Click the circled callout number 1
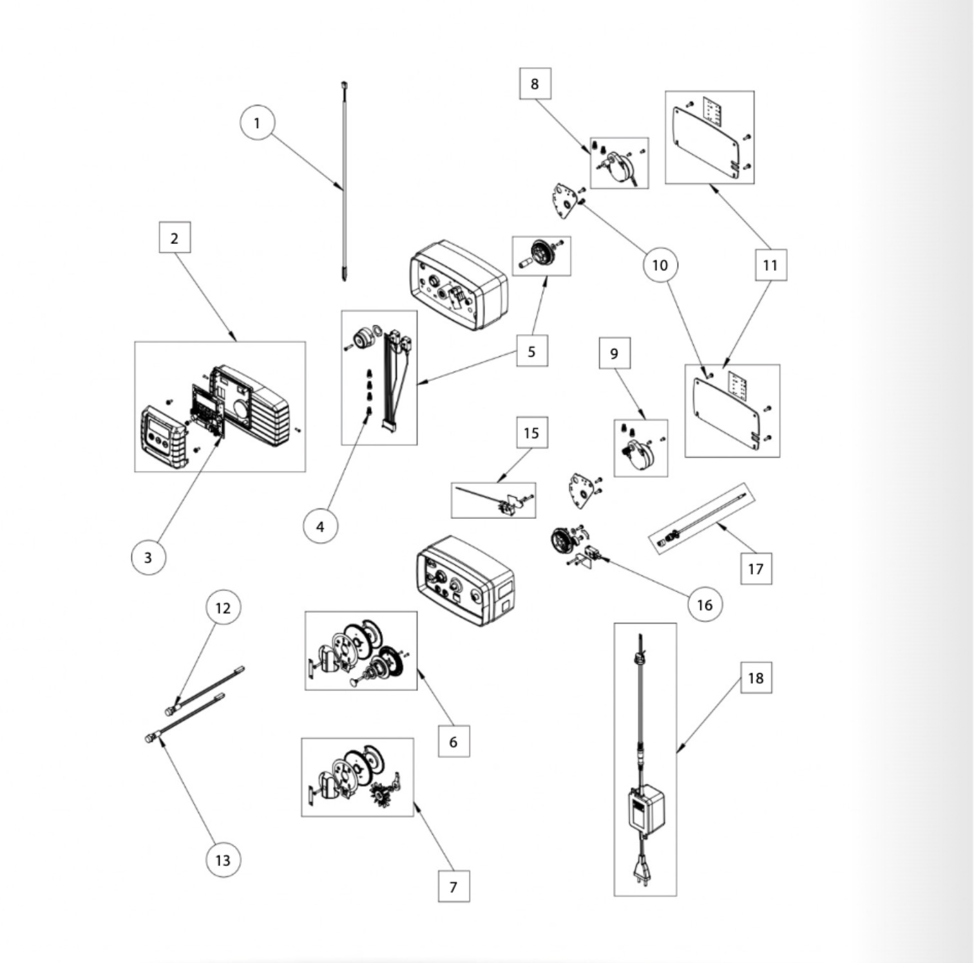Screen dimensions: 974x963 click(x=257, y=122)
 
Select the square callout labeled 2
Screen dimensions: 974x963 click(x=175, y=238)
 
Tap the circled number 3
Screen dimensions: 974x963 click(x=148, y=557)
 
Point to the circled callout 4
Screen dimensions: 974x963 click(x=320, y=526)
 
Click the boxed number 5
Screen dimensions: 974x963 click(x=532, y=351)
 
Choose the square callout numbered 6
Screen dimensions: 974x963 click(x=454, y=742)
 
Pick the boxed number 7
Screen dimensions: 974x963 click(x=454, y=886)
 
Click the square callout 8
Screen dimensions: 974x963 click(x=535, y=84)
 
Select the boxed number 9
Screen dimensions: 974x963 click(x=615, y=353)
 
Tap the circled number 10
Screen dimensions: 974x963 click(x=660, y=265)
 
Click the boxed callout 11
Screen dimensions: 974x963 click(x=770, y=265)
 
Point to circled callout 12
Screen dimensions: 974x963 click(x=223, y=608)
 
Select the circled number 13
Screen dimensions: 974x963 click(x=223, y=860)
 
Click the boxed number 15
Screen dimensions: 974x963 click(x=532, y=433)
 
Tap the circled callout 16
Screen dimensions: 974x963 click(x=705, y=604)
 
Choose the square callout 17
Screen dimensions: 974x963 click(x=756, y=569)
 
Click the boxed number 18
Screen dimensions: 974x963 click(x=756, y=678)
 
